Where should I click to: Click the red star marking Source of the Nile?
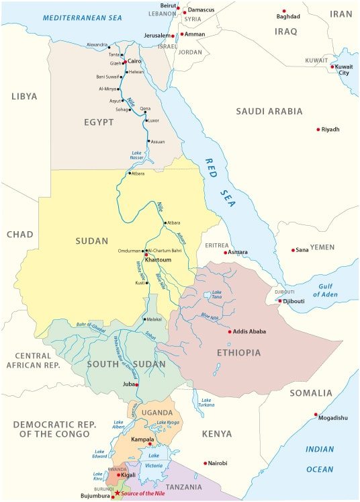click(118, 493)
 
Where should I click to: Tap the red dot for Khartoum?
click(146, 255)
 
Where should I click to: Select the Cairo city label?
click(134, 61)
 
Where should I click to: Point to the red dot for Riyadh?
click(318, 129)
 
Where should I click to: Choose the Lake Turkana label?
click(206, 403)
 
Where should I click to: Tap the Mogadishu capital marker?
click(316, 415)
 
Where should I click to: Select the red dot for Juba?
click(137, 384)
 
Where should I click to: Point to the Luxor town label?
click(154, 121)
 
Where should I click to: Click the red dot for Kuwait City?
click(332, 67)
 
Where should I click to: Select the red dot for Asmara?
click(226, 252)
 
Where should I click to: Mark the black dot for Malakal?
click(144, 319)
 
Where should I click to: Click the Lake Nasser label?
click(138, 155)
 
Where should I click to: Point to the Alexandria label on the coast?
click(97, 45)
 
